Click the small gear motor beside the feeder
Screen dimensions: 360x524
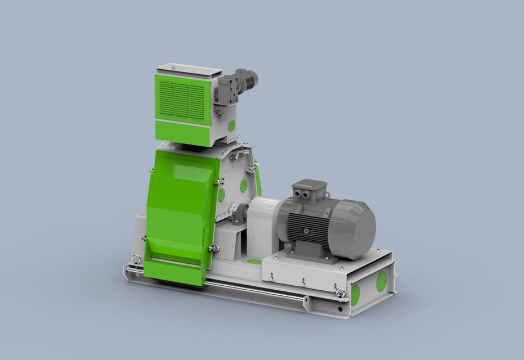tap(239, 84)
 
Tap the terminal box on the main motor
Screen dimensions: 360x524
tap(307, 191)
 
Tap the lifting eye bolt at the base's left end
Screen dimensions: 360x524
tap(135, 260)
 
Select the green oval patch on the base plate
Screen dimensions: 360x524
tap(255, 261)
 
